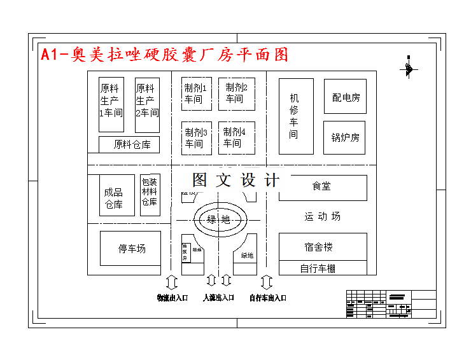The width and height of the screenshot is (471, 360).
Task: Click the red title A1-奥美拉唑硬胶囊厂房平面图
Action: point(164,55)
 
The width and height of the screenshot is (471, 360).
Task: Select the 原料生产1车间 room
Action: point(111,100)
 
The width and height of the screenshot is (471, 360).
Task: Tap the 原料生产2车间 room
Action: point(147,100)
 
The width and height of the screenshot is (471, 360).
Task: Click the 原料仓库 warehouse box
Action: point(129,144)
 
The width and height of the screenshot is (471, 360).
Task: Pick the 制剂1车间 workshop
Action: point(196,93)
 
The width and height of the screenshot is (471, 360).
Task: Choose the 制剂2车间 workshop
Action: point(236,93)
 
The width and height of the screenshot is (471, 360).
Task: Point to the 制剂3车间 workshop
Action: point(196,138)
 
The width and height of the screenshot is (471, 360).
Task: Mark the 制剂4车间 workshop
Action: point(236,138)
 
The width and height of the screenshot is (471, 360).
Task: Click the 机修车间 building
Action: point(296,116)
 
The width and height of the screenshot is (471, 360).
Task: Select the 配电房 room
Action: point(345,97)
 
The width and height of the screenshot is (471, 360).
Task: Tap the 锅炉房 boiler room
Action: point(345,137)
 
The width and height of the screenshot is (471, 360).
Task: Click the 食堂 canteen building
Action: point(323,187)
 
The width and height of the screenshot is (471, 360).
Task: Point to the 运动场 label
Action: point(322,216)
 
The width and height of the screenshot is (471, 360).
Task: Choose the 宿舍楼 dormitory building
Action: point(323,247)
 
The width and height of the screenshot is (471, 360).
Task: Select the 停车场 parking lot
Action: point(130,248)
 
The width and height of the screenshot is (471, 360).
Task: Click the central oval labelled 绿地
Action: point(219,220)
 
